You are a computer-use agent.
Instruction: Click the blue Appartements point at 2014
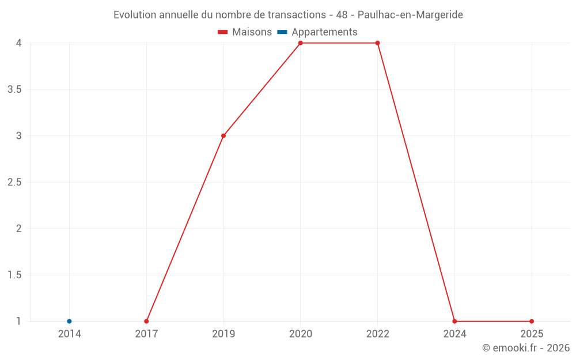[69, 321]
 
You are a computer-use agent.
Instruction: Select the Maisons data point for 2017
[146, 321]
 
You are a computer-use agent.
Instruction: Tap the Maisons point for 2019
[223, 136]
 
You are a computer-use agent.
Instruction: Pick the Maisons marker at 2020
[301, 43]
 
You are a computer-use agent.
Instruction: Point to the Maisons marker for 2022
[378, 43]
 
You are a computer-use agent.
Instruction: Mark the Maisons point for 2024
[454, 321]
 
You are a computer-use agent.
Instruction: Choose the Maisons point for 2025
[532, 321]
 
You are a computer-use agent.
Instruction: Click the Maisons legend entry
[245, 32]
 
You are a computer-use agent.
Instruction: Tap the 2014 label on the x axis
[69, 334]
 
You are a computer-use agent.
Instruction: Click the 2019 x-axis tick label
[223, 334]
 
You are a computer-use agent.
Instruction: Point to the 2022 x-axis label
[378, 334]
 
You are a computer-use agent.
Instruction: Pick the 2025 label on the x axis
[532, 334]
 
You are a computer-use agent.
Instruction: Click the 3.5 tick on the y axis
[14, 90]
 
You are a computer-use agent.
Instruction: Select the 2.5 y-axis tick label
[14, 183]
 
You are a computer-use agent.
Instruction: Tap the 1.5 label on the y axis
[14, 275]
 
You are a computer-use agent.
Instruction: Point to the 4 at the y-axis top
[18, 43]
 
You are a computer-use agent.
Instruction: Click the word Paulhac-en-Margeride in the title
[410, 15]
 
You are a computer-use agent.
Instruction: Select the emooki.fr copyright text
[526, 348]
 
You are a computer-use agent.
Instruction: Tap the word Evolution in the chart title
[135, 15]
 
